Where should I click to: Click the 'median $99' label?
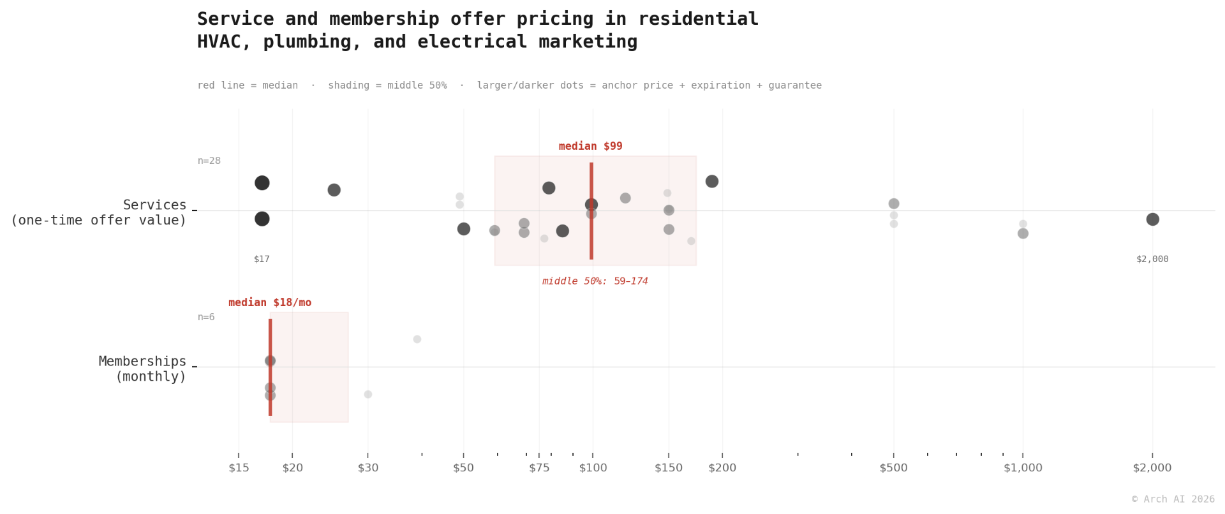pyautogui.click(x=590, y=146)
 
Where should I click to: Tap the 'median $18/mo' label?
pyautogui.click(x=270, y=302)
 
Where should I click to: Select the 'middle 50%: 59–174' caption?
pyautogui.click(x=595, y=281)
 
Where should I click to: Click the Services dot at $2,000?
pyautogui.click(x=1152, y=219)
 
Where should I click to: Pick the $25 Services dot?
pyautogui.click(x=334, y=190)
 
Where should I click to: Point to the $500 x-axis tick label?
pyautogui.click(x=893, y=467)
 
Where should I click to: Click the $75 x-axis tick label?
pyautogui.click(x=539, y=467)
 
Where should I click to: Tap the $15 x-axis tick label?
pyautogui.click(x=239, y=467)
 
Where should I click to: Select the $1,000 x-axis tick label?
pyautogui.click(x=1023, y=467)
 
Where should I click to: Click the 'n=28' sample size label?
pyautogui.click(x=209, y=161)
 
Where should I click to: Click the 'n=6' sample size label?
pyautogui.click(x=206, y=317)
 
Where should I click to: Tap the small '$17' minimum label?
pyautogui.click(x=262, y=259)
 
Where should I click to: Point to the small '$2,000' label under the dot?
pyautogui.click(x=1152, y=259)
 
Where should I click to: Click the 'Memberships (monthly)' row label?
pyautogui.click(x=142, y=369)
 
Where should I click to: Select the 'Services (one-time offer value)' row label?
pyautogui.click(x=99, y=212)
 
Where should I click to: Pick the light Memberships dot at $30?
pyautogui.click(x=367, y=394)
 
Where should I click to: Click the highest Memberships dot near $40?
pyautogui.click(x=417, y=339)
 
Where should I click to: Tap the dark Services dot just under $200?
pyautogui.click(x=712, y=181)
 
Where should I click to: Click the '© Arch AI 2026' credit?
pyautogui.click(x=1173, y=499)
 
